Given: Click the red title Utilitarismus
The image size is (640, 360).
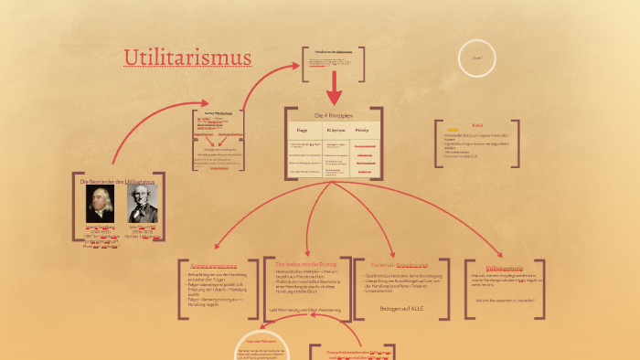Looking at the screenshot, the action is [187, 58].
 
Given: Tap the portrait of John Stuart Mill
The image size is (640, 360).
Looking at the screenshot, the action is [142, 204].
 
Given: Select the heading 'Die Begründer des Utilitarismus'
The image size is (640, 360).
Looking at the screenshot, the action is [118, 182].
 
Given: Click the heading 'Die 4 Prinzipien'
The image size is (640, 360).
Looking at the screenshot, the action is [333, 116].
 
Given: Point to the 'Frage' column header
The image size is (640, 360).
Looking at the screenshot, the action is [303, 132].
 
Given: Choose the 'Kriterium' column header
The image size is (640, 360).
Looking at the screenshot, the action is [335, 132].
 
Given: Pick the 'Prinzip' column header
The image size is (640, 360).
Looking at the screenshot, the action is [362, 132].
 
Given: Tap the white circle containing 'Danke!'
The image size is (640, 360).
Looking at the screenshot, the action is [476, 58].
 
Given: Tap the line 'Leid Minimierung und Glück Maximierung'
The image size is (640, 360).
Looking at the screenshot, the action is [305, 310].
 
